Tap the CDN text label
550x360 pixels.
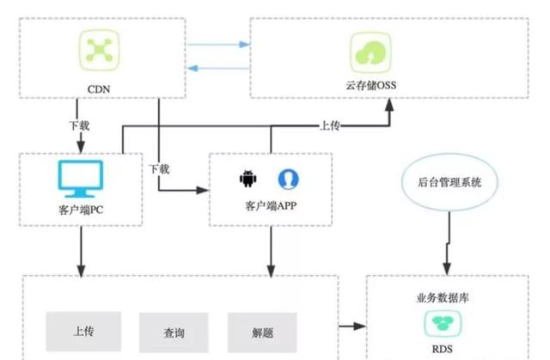click(101, 87)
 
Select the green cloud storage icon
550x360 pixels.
click(367, 52)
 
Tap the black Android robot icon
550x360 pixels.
click(247, 179)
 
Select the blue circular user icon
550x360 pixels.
click(288, 179)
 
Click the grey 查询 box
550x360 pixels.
click(173, 332)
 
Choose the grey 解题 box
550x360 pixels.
click(263, 332)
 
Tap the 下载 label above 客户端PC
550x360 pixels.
click(79, 125)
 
